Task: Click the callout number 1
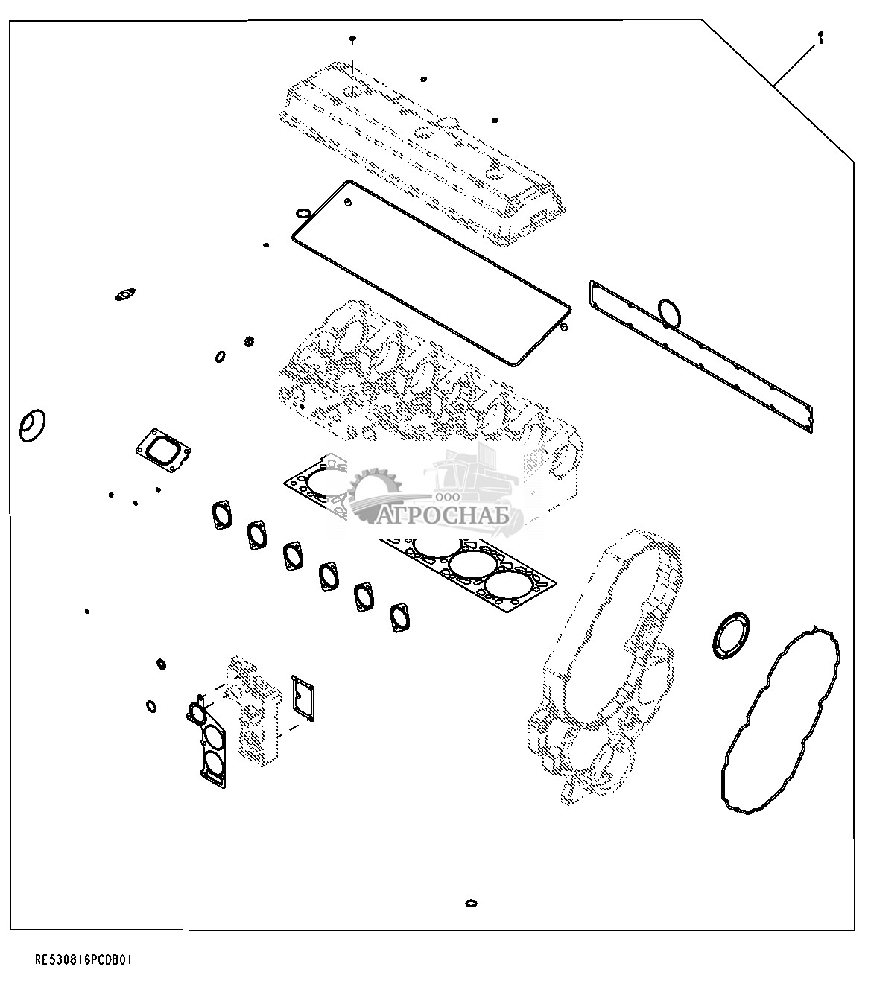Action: tap(820, 38)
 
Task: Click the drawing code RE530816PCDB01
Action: tap(83, 959)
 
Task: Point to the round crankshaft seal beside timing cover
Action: tap(731, 636)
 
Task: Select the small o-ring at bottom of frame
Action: tap(471, 903)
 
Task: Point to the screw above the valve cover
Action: tap(352, 39)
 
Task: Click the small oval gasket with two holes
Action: tap(125, 294)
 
